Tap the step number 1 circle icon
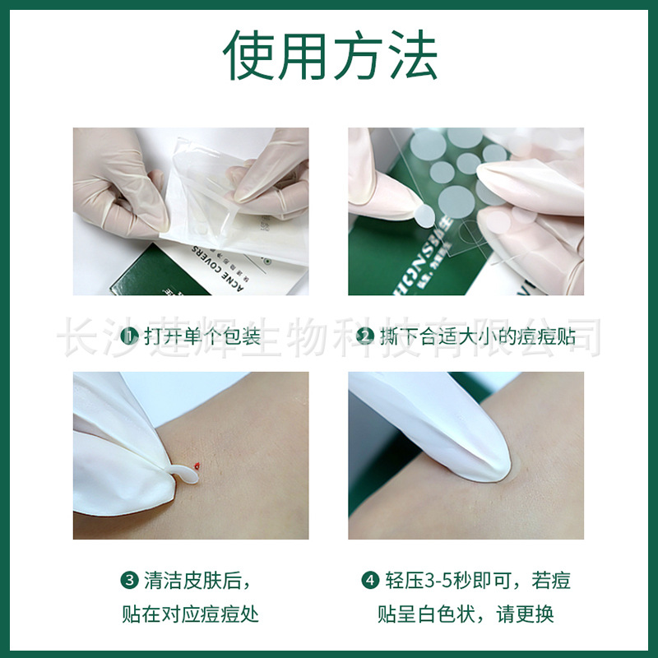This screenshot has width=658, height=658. coord(129,336)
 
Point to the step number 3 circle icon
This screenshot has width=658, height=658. coord(129,581)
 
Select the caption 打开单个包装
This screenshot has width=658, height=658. coord(202,336)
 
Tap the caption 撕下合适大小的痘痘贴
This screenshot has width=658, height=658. coord(478,336)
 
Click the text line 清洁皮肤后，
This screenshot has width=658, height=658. coord(194,581)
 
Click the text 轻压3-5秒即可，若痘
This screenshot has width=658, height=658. coord(478,581)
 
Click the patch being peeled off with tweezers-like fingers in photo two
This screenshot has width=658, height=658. coord(423,216)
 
